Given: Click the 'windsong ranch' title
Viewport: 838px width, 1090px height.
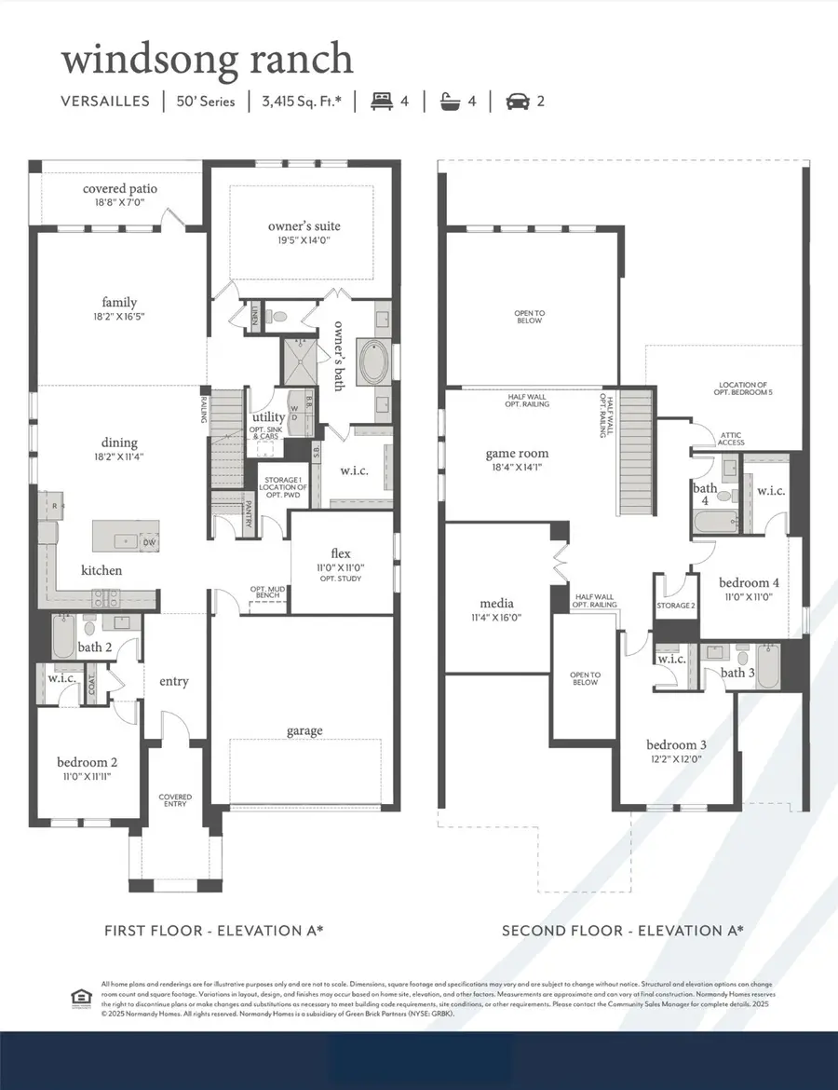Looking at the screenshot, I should (207, 59).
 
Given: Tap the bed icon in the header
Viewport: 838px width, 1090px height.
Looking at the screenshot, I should (381, 101).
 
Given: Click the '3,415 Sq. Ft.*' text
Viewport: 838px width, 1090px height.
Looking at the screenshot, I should (302, 102).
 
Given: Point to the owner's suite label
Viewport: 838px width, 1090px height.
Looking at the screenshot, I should (304, 225).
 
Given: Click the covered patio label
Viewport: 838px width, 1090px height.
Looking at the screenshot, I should (119, 188).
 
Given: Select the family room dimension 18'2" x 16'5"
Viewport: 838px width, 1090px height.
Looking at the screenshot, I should (119, 317).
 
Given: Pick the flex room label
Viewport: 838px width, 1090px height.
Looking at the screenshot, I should (339, 553).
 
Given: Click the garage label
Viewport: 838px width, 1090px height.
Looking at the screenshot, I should (304, 730).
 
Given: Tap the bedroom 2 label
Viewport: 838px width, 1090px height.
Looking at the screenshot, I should (87, 762).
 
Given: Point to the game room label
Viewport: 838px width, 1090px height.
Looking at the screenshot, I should (517, 454).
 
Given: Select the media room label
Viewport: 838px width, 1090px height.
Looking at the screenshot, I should (497, 602).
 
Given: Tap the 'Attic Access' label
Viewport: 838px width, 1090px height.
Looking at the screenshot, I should (731, 438).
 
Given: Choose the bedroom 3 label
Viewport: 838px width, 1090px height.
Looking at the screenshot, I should (677, 744).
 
